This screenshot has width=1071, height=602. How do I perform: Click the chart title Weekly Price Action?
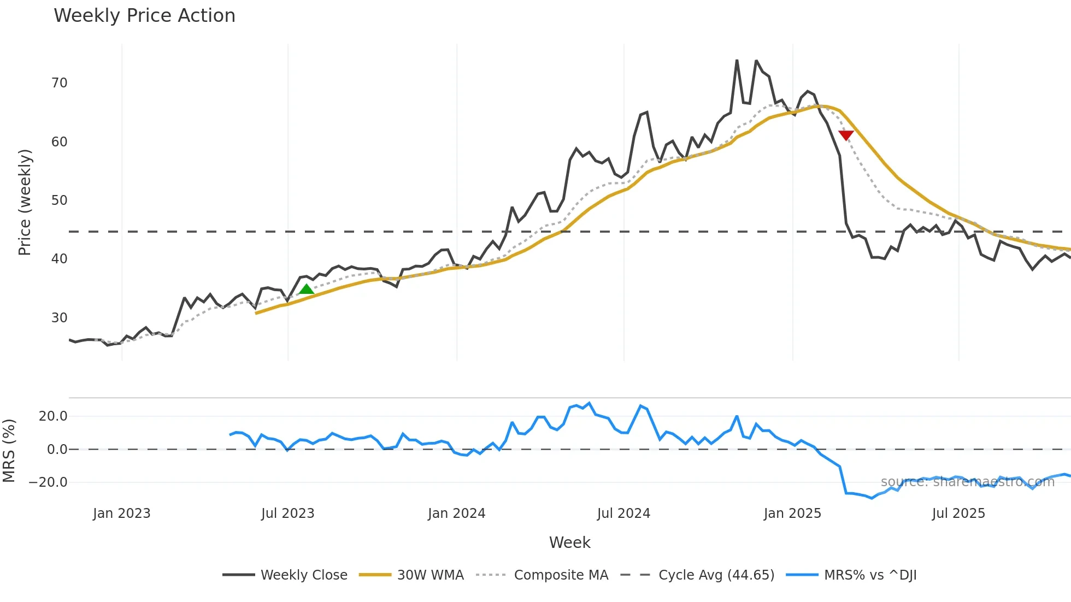(144, 16)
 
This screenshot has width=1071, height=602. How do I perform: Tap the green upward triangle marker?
(307, 290)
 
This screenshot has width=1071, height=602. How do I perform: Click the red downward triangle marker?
(846, 135)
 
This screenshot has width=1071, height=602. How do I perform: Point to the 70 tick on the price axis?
(59, 83)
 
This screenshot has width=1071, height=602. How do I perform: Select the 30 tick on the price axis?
(59, 318)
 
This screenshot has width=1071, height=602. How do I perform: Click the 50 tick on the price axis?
(59, 200)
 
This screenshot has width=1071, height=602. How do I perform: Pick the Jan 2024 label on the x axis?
(456, 514)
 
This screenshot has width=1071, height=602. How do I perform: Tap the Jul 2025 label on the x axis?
(958, 514)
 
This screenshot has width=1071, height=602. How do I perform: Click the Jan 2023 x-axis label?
(121, 514)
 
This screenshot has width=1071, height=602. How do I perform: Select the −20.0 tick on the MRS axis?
(48, 482)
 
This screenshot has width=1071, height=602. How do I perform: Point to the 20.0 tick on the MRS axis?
(52, 416)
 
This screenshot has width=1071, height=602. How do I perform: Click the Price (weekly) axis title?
(25, 202)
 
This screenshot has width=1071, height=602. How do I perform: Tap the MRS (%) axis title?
(9, 451)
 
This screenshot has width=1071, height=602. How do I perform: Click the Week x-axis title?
(569, 542)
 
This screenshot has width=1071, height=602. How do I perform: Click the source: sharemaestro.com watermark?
(967, 482)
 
